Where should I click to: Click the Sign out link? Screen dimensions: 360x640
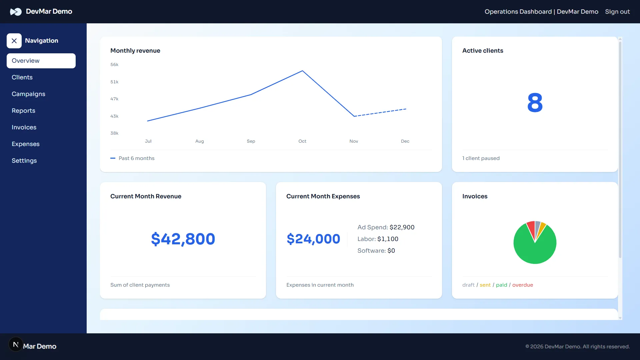pyautogui.click(x=617, y=12)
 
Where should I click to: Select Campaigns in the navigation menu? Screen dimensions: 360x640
pyautogui.click(x=28, y=94)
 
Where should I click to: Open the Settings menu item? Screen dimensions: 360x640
pyautogui.click(x=24, y=161)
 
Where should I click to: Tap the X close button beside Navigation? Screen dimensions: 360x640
pyautogui.click(x=14, y=41)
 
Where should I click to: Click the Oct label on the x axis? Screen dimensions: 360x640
pyautogui.click(x=302, y=141)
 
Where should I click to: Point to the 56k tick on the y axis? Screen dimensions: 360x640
pyautogui.click(x=114, y=65)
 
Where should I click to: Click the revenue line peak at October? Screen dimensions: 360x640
pyautogui.click(x=302, y=71)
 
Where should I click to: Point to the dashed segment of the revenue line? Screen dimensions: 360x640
pyautogui.click(x=380, y=113)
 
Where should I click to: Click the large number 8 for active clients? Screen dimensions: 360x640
pyautogui.click(x=535, y=103)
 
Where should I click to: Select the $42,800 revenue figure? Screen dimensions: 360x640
pyautogui.click(x=183, y=239)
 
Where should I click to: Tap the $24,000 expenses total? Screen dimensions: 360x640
pyautogui.click(x=313, y=239)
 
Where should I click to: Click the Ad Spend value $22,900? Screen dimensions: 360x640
pyautogui.click(x=402, y=227)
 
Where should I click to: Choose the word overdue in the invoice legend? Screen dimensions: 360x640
pyautogui.click(x=522, y=285)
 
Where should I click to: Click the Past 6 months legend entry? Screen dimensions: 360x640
pyautogui.click(x=136, y=158)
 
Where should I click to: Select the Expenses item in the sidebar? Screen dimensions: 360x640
pyautogui.click(x=25, y=144)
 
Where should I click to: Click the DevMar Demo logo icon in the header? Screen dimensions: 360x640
pyautogui.click(x=16, y=12)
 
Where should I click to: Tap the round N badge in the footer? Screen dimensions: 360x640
pyautogui.click(x=16, y=344)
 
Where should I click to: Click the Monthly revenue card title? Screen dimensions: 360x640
pyautogui.click(x=135, y=51)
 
